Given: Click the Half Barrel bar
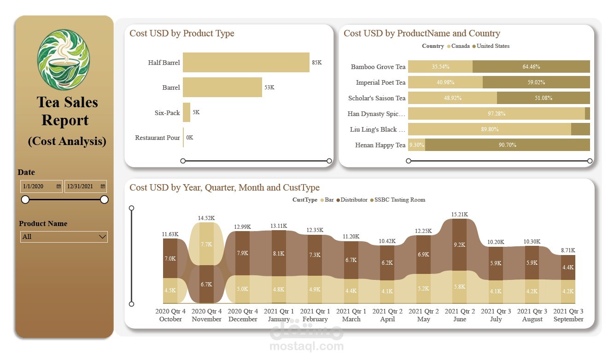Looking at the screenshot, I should coord(246,63).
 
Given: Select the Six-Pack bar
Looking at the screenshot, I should coord(187,112).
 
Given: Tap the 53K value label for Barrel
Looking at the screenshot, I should coord(269,87).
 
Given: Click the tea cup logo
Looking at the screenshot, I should coord(64,60).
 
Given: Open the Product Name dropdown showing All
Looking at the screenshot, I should coord(64,237).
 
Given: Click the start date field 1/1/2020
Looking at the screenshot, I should coord(41,186).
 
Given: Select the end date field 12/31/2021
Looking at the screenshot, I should coord(85,186).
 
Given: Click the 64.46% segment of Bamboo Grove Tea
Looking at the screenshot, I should coord(531,67).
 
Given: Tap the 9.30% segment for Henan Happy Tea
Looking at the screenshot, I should coord(416,145).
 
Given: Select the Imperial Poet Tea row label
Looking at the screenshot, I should coord(380,82).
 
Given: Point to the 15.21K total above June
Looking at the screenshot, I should coord(459,215).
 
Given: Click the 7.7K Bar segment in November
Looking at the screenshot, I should coord(206,244).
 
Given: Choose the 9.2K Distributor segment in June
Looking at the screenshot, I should coord(459,245).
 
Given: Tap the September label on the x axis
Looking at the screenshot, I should coord(568,319).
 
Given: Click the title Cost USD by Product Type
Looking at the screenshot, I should coord(182,33).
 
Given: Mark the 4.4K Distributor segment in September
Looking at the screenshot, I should coord(568,267).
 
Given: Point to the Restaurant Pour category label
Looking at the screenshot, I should coord(158,138).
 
